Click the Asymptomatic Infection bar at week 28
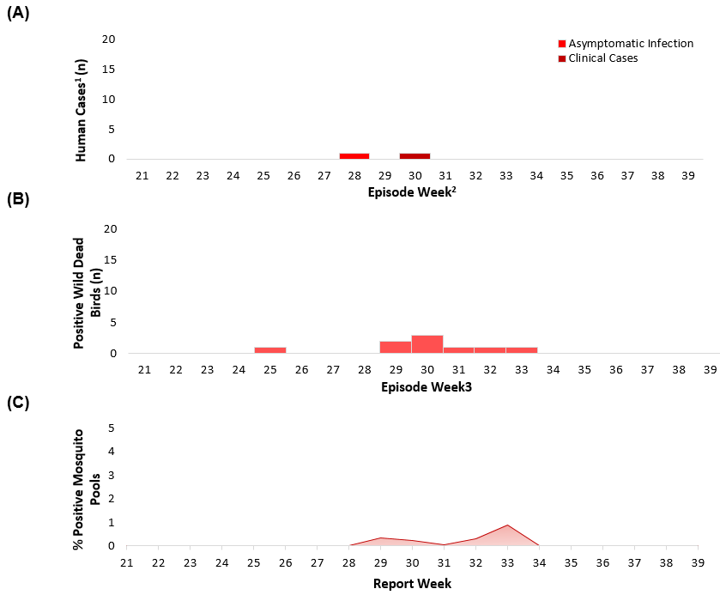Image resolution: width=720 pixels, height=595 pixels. [354, 156]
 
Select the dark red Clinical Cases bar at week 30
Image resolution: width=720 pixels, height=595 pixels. [414, 156]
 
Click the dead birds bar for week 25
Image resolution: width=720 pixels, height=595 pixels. [269, 350]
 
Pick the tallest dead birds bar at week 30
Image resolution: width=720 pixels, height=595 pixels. [427, 344]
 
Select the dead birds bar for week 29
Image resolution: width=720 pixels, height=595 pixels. [396, 347]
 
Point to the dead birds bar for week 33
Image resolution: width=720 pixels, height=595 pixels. [522, 350]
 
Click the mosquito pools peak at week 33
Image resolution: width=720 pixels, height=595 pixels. [507, 525]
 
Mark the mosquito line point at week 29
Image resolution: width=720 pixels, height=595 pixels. [381, 537]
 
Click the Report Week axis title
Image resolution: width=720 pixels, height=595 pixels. [412, 584]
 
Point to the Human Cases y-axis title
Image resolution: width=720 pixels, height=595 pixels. [82, 110]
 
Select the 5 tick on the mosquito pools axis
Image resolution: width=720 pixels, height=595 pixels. [112, 428]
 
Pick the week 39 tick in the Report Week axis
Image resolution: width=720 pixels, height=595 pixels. [697, 562]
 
